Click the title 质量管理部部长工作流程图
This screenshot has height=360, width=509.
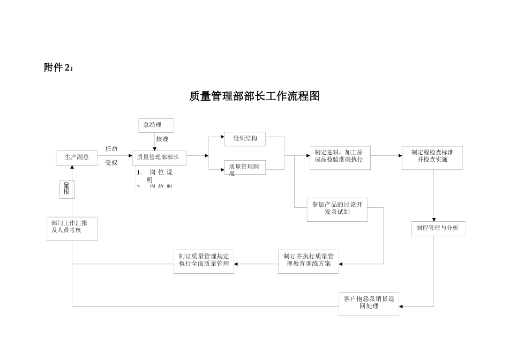(254, 96)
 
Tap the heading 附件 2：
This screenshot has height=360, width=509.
(59, 67)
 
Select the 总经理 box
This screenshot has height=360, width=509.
(156, 125)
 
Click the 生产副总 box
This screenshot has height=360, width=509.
(77, 157)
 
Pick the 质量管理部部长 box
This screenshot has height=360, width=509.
(159, 157)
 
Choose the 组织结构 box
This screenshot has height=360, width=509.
(245, 139)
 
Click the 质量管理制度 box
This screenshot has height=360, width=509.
(245, 169)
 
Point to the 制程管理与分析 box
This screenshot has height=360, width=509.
(438, 228)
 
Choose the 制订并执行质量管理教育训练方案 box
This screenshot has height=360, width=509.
(308, 260)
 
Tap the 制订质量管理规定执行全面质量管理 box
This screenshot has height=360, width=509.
(204, 260)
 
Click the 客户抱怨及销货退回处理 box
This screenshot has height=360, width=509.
(369, 303)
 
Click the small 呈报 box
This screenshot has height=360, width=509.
(67, 189)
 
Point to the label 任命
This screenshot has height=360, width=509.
(111, 149)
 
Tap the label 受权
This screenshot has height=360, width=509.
(111, 163)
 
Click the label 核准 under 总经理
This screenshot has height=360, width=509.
(162, 139)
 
